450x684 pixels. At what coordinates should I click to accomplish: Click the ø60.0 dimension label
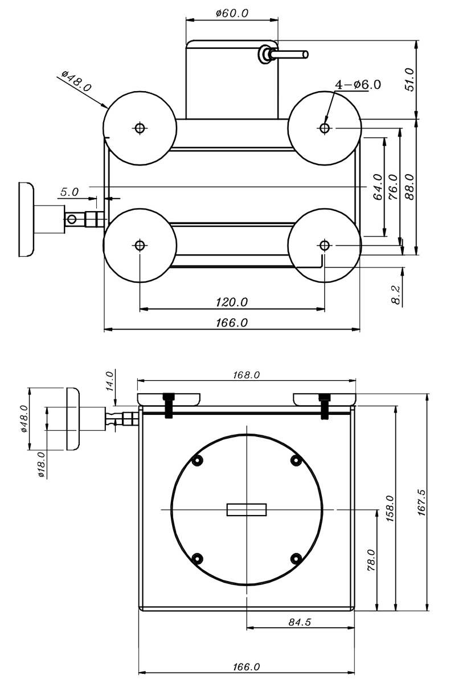click(232, 13)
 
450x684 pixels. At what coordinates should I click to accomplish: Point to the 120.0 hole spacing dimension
click(232, 302)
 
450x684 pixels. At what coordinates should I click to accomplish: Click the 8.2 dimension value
click(397, 296)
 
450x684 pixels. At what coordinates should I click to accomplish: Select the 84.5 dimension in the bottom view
click(300, 622)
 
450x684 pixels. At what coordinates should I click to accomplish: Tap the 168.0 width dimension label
click(246, 375)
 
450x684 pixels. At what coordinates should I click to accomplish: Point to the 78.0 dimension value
click(370, 560)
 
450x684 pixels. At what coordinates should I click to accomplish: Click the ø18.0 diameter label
click(41, 464)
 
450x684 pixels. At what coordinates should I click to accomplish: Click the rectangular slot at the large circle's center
click(247, 509)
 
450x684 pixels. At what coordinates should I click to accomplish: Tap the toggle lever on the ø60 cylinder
click(288, 55)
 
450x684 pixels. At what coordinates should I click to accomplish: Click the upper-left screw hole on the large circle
click(198, 460)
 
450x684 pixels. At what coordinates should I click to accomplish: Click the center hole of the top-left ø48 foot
click(140, 128)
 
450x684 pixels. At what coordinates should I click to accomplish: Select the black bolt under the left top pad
click(168, 405)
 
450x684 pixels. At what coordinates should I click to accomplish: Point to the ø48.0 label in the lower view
click(24, 418)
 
